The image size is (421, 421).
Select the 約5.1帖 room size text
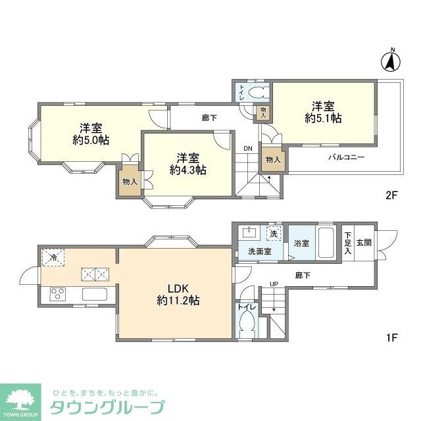point(323,118)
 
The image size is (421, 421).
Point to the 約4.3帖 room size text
point(187,170)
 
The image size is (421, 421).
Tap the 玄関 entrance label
point(364,242)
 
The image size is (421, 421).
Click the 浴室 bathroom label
point(302,243)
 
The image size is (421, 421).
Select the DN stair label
point(247,148)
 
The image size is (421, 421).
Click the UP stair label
point(273,284)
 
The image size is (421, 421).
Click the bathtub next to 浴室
point(326,243)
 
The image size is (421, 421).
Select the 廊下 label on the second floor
point(209,118)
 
